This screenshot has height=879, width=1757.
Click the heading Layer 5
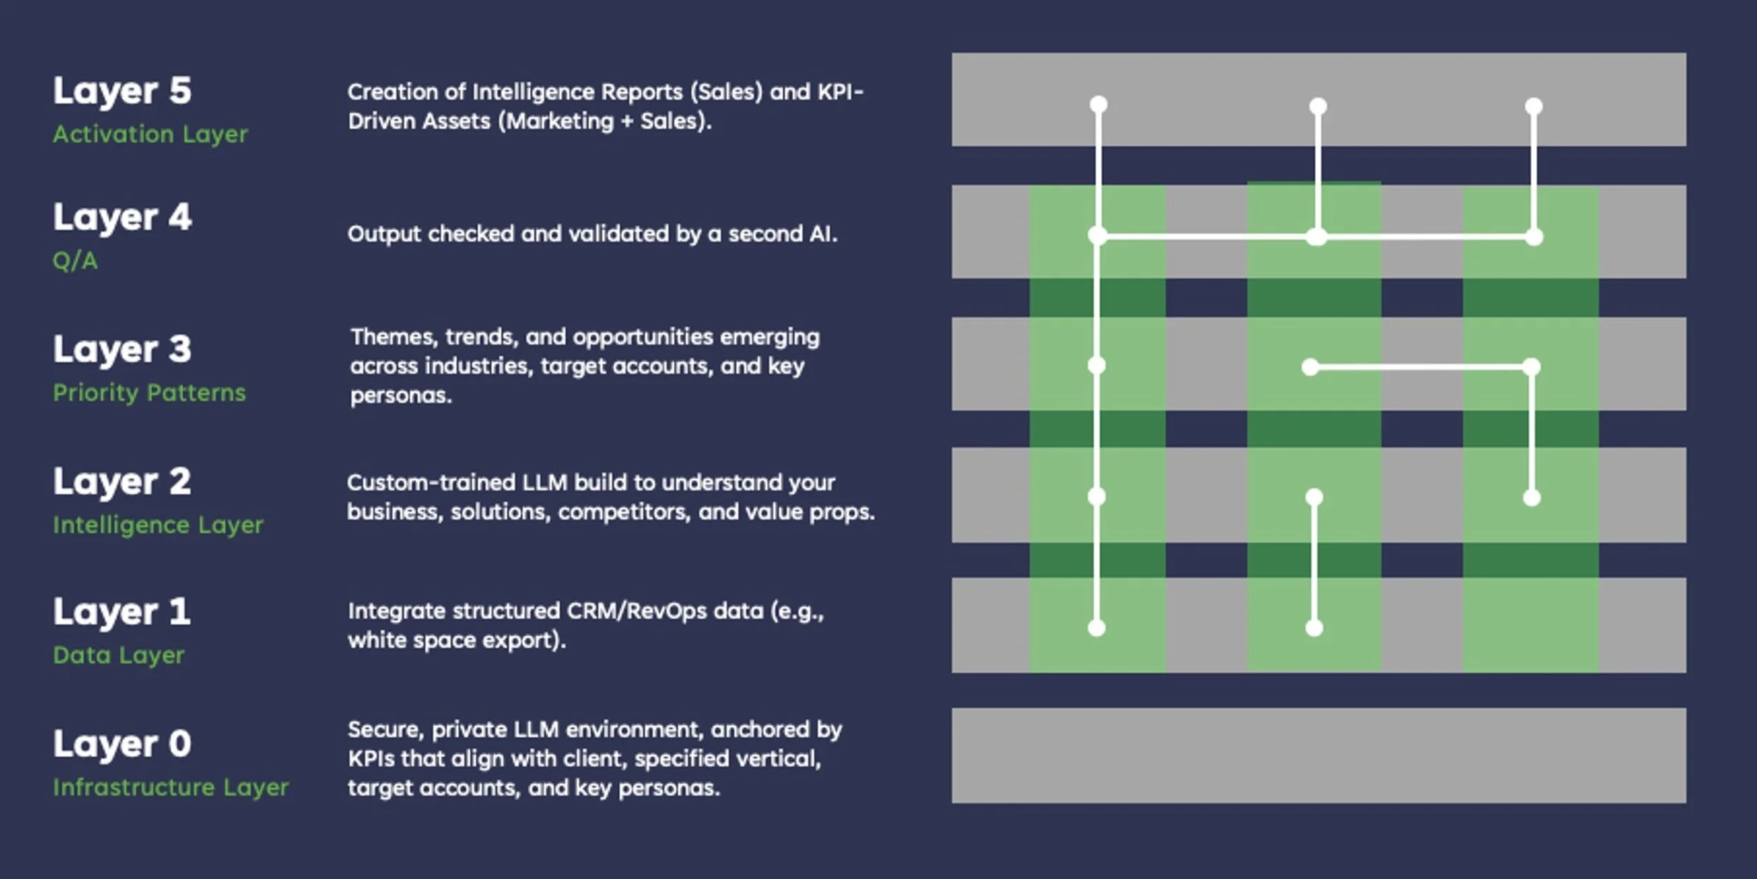tap(121, 90)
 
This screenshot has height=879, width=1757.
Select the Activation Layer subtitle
tap(150, 134)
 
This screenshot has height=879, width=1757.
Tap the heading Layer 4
tap(121, 217)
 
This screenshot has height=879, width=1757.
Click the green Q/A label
tap(75, 261)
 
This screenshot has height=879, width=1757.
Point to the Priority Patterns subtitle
tap(149, 393)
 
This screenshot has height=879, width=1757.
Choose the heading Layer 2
tap(121, 482)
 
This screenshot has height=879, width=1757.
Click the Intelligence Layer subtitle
tap(157, 525)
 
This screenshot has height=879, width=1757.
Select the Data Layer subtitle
tap(118, 655)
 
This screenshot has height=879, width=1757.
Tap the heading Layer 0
tap(121, 743)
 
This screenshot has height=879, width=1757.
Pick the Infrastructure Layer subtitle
tap(170, 787)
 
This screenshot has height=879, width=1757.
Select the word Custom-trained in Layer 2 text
tap(431, 483)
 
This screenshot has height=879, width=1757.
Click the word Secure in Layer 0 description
tap(385, 729)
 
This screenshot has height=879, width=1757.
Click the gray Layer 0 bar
tap(1318, 755)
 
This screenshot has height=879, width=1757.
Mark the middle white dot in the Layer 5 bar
tap(1317, 107)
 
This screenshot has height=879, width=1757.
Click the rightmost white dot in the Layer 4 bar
tap(1533, 237)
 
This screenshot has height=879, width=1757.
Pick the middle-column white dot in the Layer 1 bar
tap(1314, 628)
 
